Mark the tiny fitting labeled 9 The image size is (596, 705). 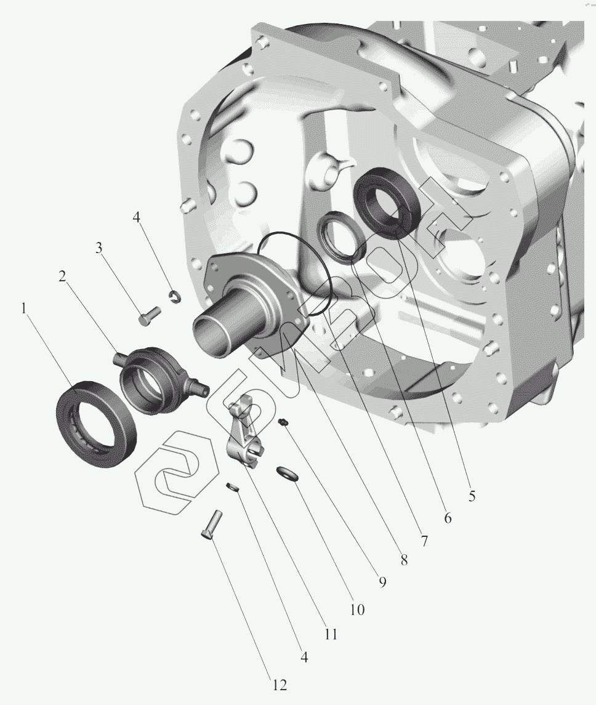[x=283, y=422]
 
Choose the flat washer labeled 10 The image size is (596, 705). [x=286, y=473]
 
